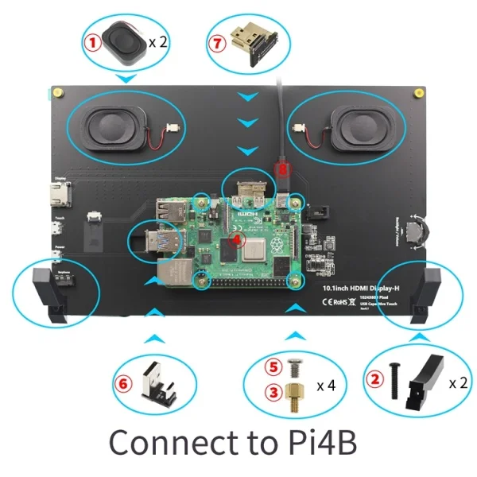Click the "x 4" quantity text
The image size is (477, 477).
[x=325, y=386]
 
